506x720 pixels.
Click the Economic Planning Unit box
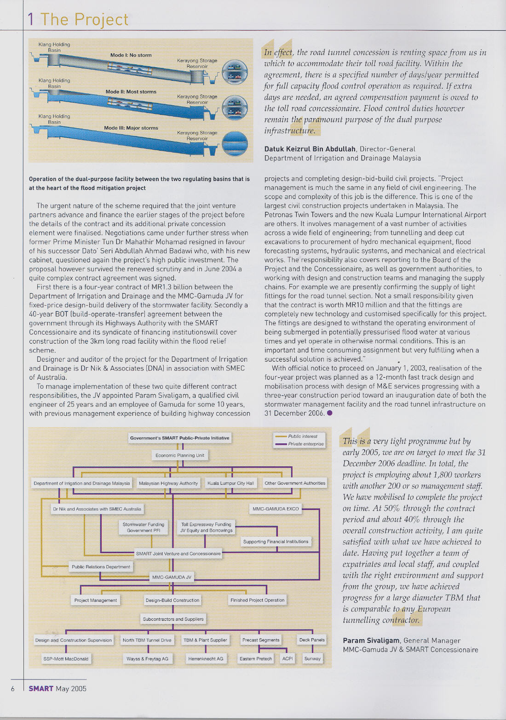(180, 455)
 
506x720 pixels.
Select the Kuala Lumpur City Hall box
(230, 483)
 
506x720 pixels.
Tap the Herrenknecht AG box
(206, 659)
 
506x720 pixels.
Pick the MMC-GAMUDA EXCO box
(276, 509)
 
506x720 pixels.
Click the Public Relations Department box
(101, 567)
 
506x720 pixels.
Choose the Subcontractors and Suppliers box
(173, 619)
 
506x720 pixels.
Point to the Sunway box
(312, 659)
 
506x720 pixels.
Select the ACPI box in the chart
(287, 659)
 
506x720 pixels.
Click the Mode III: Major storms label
(131, 128)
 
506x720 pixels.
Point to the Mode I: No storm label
(131, 55)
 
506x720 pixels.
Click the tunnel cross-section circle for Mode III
(235, 144)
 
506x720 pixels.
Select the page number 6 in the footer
(13, 689)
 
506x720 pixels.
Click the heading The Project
(84, 20)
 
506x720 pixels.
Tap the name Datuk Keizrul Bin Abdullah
(310, 149)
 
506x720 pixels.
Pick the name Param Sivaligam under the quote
(371, 641)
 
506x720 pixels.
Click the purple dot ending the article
(329, 413)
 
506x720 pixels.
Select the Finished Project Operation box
(258, 600)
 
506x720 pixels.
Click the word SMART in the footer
(41, 689)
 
